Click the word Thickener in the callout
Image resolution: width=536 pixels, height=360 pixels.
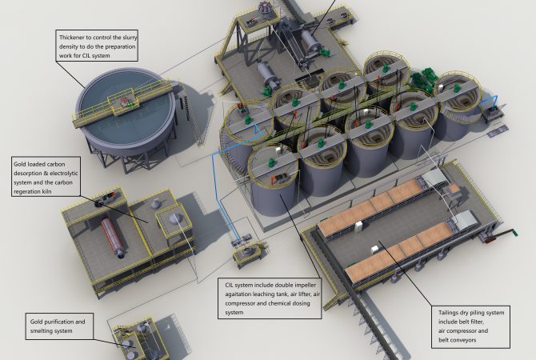coord(71,38)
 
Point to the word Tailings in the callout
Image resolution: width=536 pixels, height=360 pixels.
coord(449,313)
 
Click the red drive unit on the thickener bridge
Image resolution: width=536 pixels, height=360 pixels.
coord(123,101)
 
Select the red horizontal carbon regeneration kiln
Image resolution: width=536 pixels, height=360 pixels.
coord(113,237)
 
